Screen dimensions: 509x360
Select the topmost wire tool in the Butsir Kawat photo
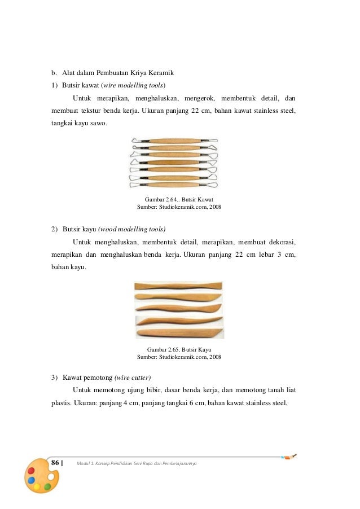click(x=174, y=141)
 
